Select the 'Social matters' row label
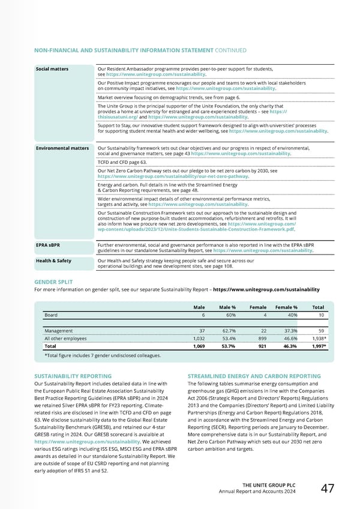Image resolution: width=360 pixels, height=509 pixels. pos(52,69)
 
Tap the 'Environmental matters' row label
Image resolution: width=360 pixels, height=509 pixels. pos(62,148)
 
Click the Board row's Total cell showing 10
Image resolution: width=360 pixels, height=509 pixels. pos(321,315)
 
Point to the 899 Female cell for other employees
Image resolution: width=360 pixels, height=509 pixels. pos(254,338)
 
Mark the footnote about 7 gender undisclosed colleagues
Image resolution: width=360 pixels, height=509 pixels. pos(103,356)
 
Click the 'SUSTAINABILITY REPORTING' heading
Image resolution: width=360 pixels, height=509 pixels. pos(73,376)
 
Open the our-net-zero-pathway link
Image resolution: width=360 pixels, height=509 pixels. pos(173,176)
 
